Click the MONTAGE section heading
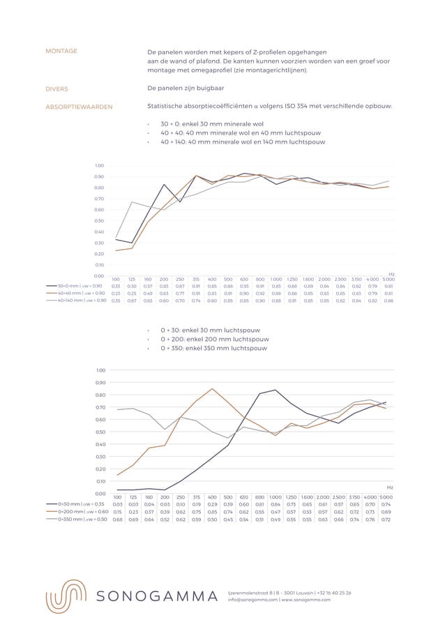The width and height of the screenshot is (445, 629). click(61, 52)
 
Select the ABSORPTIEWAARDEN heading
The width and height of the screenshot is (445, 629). click(79, 107)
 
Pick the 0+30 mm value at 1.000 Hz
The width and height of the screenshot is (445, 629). click(276, 504)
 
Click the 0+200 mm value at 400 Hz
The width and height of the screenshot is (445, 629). click(212, 512)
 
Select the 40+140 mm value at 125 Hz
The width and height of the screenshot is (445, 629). click(132, 301)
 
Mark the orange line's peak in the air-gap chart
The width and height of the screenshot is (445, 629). click(212, 388)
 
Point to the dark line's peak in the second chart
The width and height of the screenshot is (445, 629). click(276, 390)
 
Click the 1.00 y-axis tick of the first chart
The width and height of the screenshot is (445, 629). click(100, 165)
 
